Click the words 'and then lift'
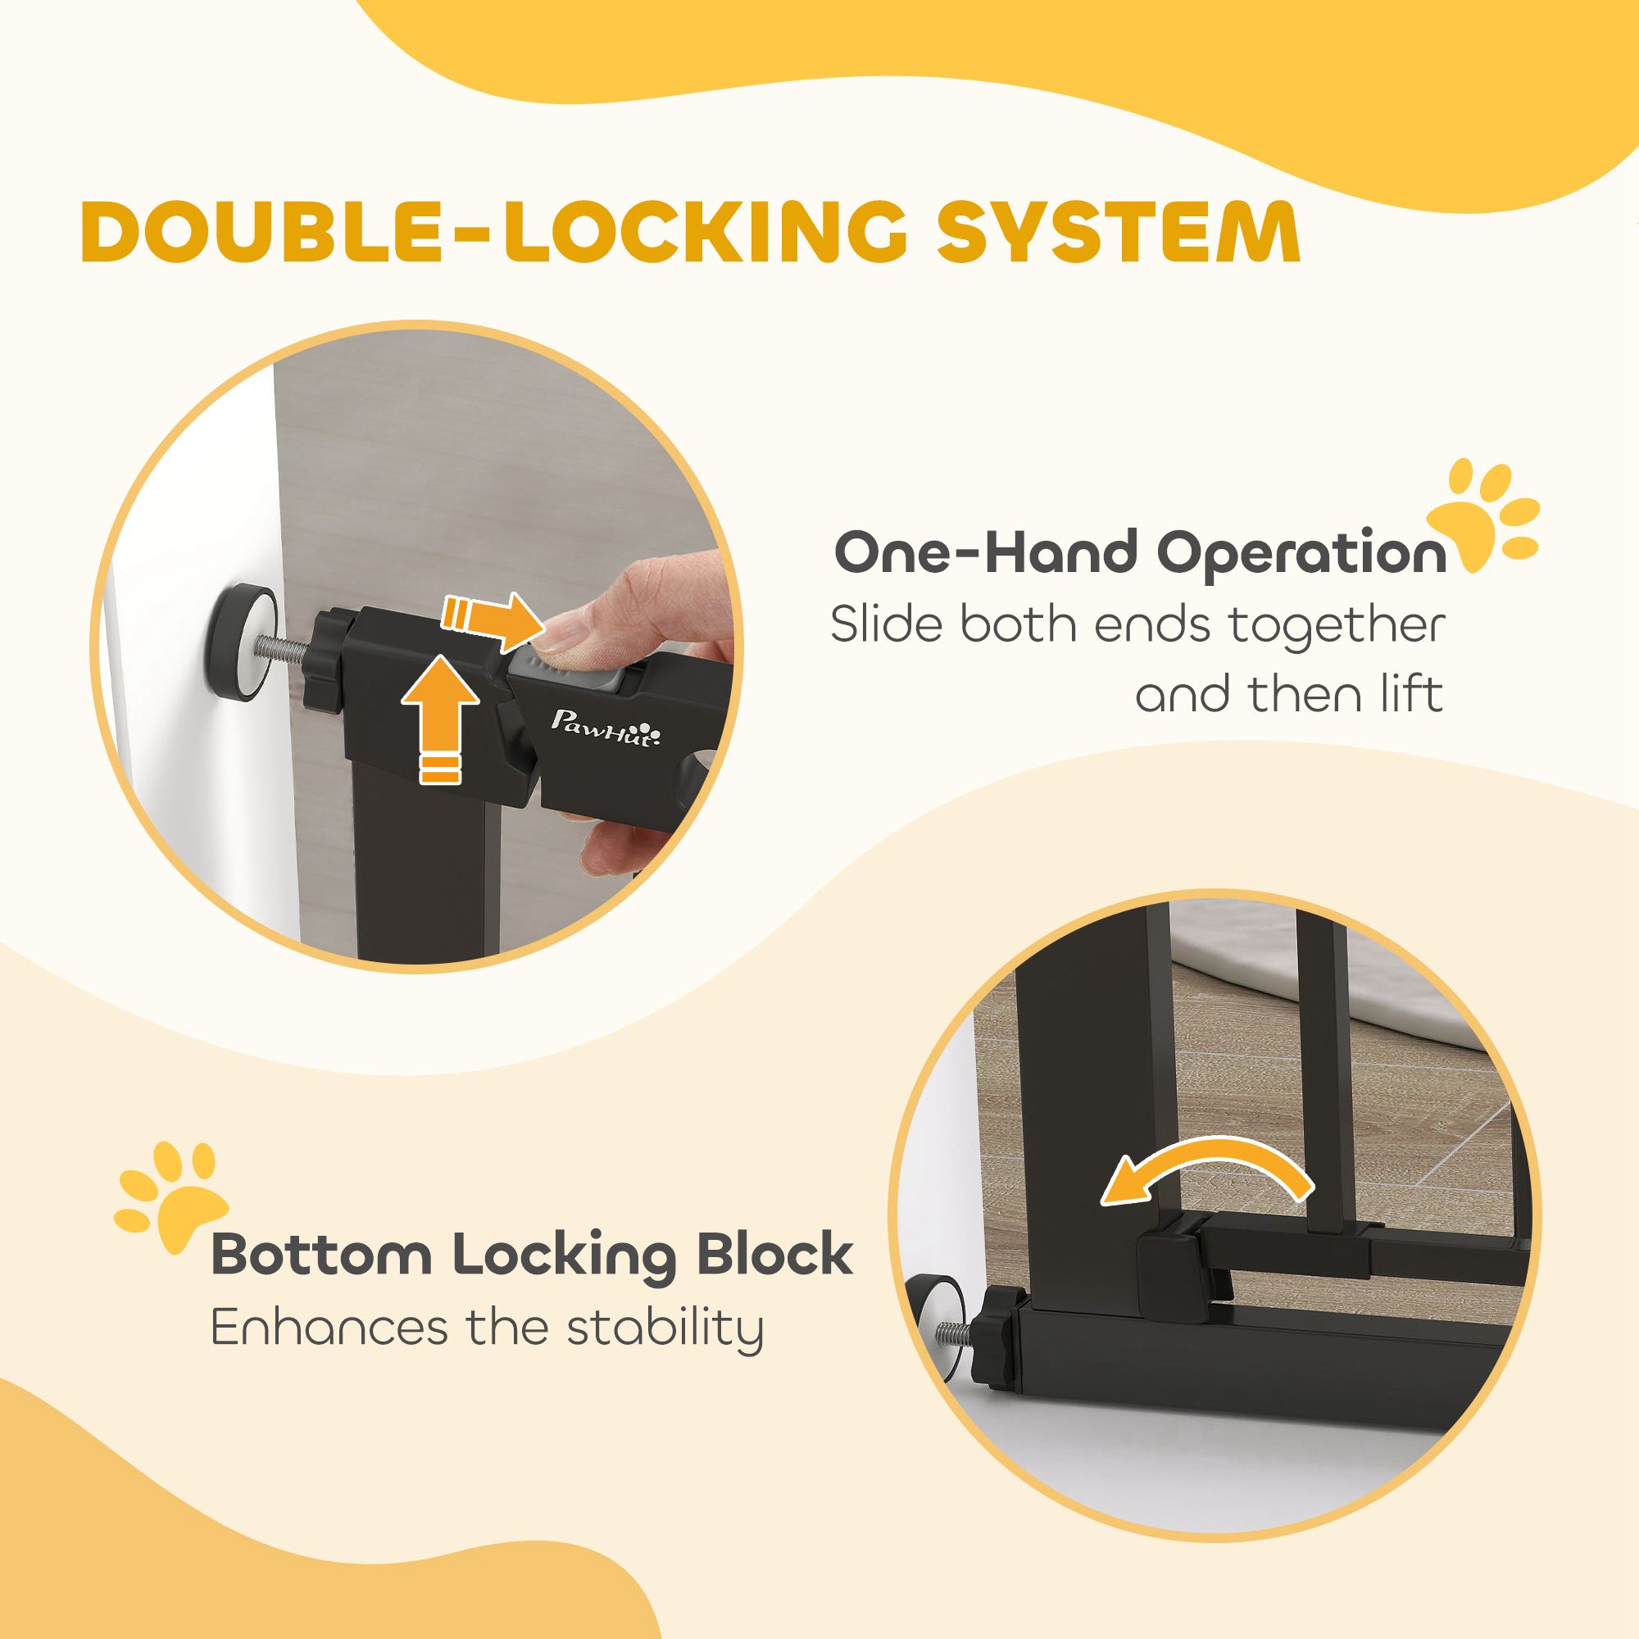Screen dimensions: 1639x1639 tap(1289, 695)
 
